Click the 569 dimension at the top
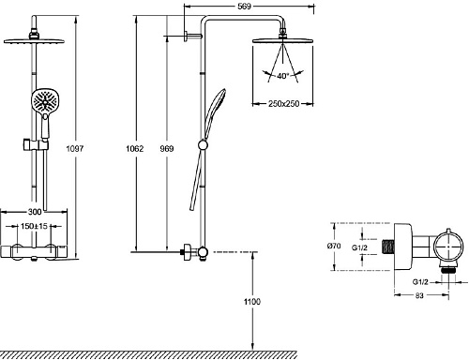244,7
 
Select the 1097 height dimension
75,148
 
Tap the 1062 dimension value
135,148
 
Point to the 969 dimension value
167,148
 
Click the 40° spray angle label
283,76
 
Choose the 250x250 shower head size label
283,103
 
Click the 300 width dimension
35,212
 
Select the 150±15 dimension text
34,226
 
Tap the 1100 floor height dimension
252,302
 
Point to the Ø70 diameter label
334,246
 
